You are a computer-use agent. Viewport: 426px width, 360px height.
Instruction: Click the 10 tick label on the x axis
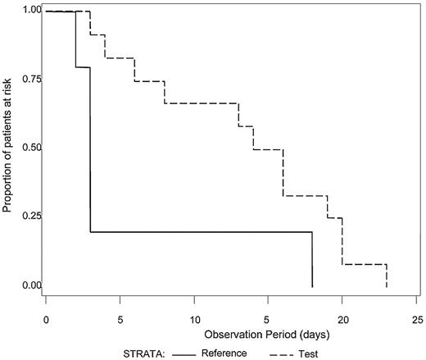tap(195, 318)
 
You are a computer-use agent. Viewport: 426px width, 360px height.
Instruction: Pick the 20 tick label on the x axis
tap(343, 318)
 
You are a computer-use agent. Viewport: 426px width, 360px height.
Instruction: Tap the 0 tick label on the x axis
tap(47, 318)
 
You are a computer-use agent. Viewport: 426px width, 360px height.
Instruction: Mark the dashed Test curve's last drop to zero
tap(386, 276)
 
